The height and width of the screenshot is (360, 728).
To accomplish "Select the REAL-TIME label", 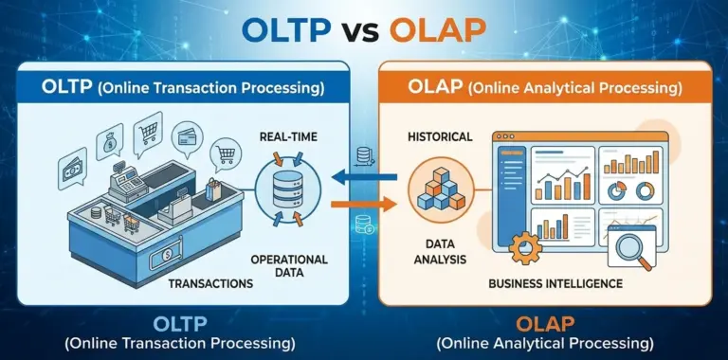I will click(288, 138).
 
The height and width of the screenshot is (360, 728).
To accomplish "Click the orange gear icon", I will click(523, 248).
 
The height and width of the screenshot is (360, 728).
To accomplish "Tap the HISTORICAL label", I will click(440, 137).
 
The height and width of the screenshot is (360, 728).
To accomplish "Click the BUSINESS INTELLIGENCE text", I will click(555, 283).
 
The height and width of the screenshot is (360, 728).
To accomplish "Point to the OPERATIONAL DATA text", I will click(289, 266).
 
